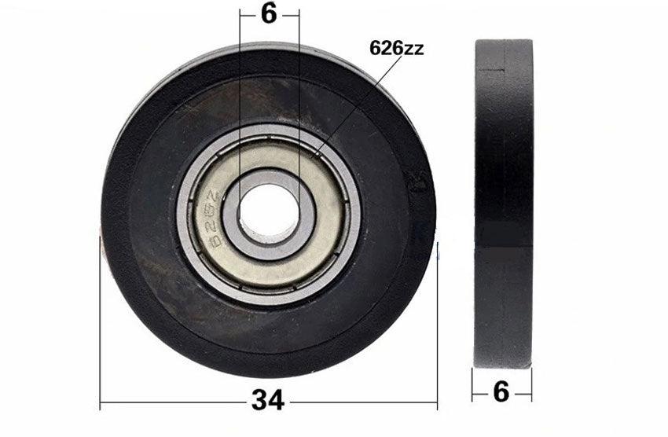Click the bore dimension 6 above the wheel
pos(269,13)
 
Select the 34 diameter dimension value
pos(268,402)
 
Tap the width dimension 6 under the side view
pos(501,391)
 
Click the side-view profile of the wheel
pos(503,204)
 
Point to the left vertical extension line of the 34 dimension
pos(101,330)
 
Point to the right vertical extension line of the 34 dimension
pos(437,330)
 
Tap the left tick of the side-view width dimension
pos(472,385)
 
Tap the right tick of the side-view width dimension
pos(531,385)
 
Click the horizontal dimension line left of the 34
pos(173,404)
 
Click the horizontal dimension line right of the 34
pos(362,404)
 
